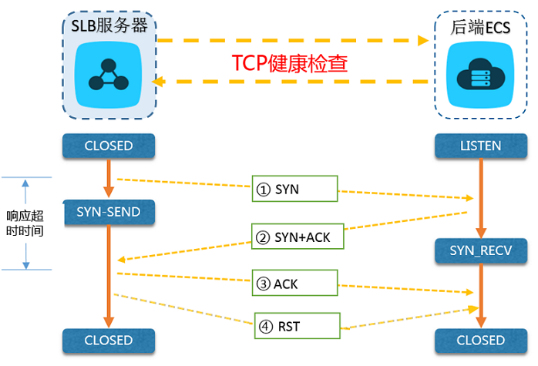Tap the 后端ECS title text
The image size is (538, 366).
click(x=481, y=27)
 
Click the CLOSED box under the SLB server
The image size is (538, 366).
click(x=109, y=145)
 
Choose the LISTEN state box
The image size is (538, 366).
click(x=479, y=145)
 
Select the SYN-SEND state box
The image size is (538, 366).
click(x=109, y=211)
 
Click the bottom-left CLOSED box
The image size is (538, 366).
click(x=109, y=340)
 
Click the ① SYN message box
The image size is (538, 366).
click(x=295, y=190)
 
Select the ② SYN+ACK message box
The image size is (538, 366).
click(x=295, y=237)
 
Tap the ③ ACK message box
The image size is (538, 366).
click(x=295, y=284)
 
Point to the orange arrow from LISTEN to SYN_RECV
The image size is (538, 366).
click(x=481, y=196)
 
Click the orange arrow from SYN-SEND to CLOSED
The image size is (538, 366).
click(x=109, y=274)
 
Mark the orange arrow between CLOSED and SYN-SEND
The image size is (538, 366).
click(x=109, y=177)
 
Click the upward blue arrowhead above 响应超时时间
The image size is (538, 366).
click(x=26, y=183)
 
